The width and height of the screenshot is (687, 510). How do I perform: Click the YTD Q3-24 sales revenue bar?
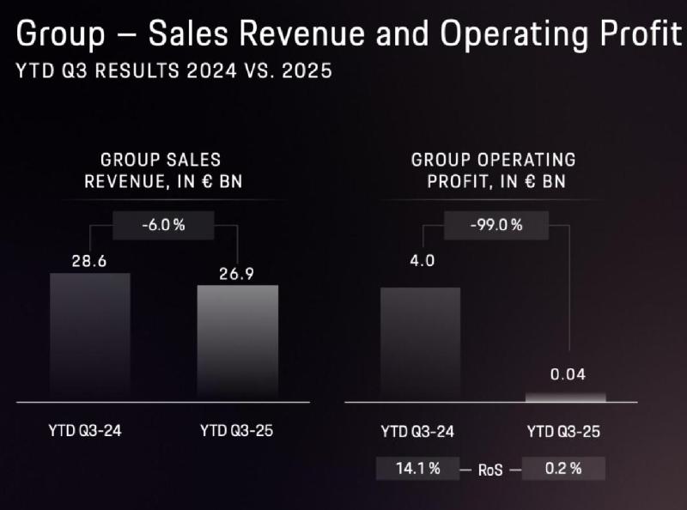click(89, 337)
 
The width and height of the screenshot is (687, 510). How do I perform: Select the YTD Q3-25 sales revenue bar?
click(237, 343)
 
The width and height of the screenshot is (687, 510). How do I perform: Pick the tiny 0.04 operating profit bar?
click(565, 398)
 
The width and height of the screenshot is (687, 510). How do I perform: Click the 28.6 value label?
click(88, 260)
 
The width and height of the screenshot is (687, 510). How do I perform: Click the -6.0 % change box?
click(163, 225)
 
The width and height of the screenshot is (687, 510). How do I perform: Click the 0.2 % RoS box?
click(563, 469)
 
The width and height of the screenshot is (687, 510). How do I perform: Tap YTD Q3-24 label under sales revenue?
click(85, 431)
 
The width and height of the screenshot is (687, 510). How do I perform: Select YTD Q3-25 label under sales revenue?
click(235, 431)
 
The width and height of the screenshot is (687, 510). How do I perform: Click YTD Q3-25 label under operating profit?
click(562, 431)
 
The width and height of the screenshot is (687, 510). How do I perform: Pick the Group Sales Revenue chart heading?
click(161, 169)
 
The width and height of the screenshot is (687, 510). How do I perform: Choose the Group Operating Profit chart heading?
click(493, 169)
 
